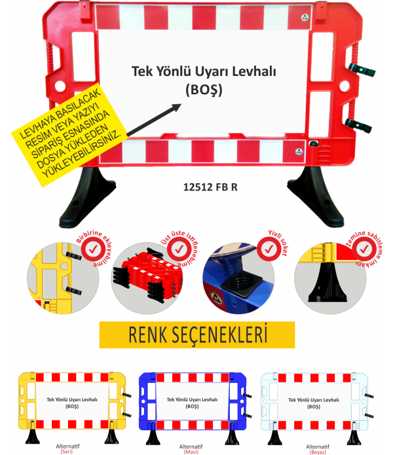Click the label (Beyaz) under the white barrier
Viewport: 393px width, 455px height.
coord(317,452)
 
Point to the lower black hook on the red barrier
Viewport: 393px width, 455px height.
coord(359,126)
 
